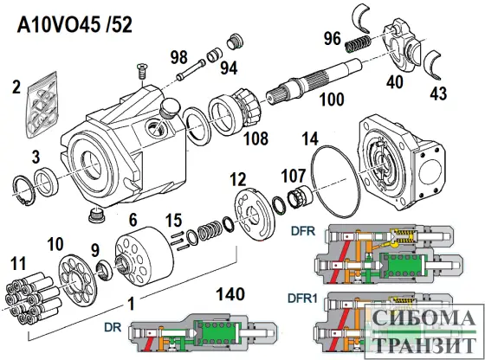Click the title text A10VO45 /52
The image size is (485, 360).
click(x=74, y=24)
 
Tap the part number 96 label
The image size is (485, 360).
click(x=333, y=38)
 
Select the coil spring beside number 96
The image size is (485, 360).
click(x=358, y=44)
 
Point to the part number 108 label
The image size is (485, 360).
click(x=255, y=138)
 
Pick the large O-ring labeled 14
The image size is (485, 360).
click(x=336, y=183)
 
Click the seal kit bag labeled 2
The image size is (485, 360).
click(x=42, y=105)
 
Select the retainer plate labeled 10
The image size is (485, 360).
click(x=77, y=280)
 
